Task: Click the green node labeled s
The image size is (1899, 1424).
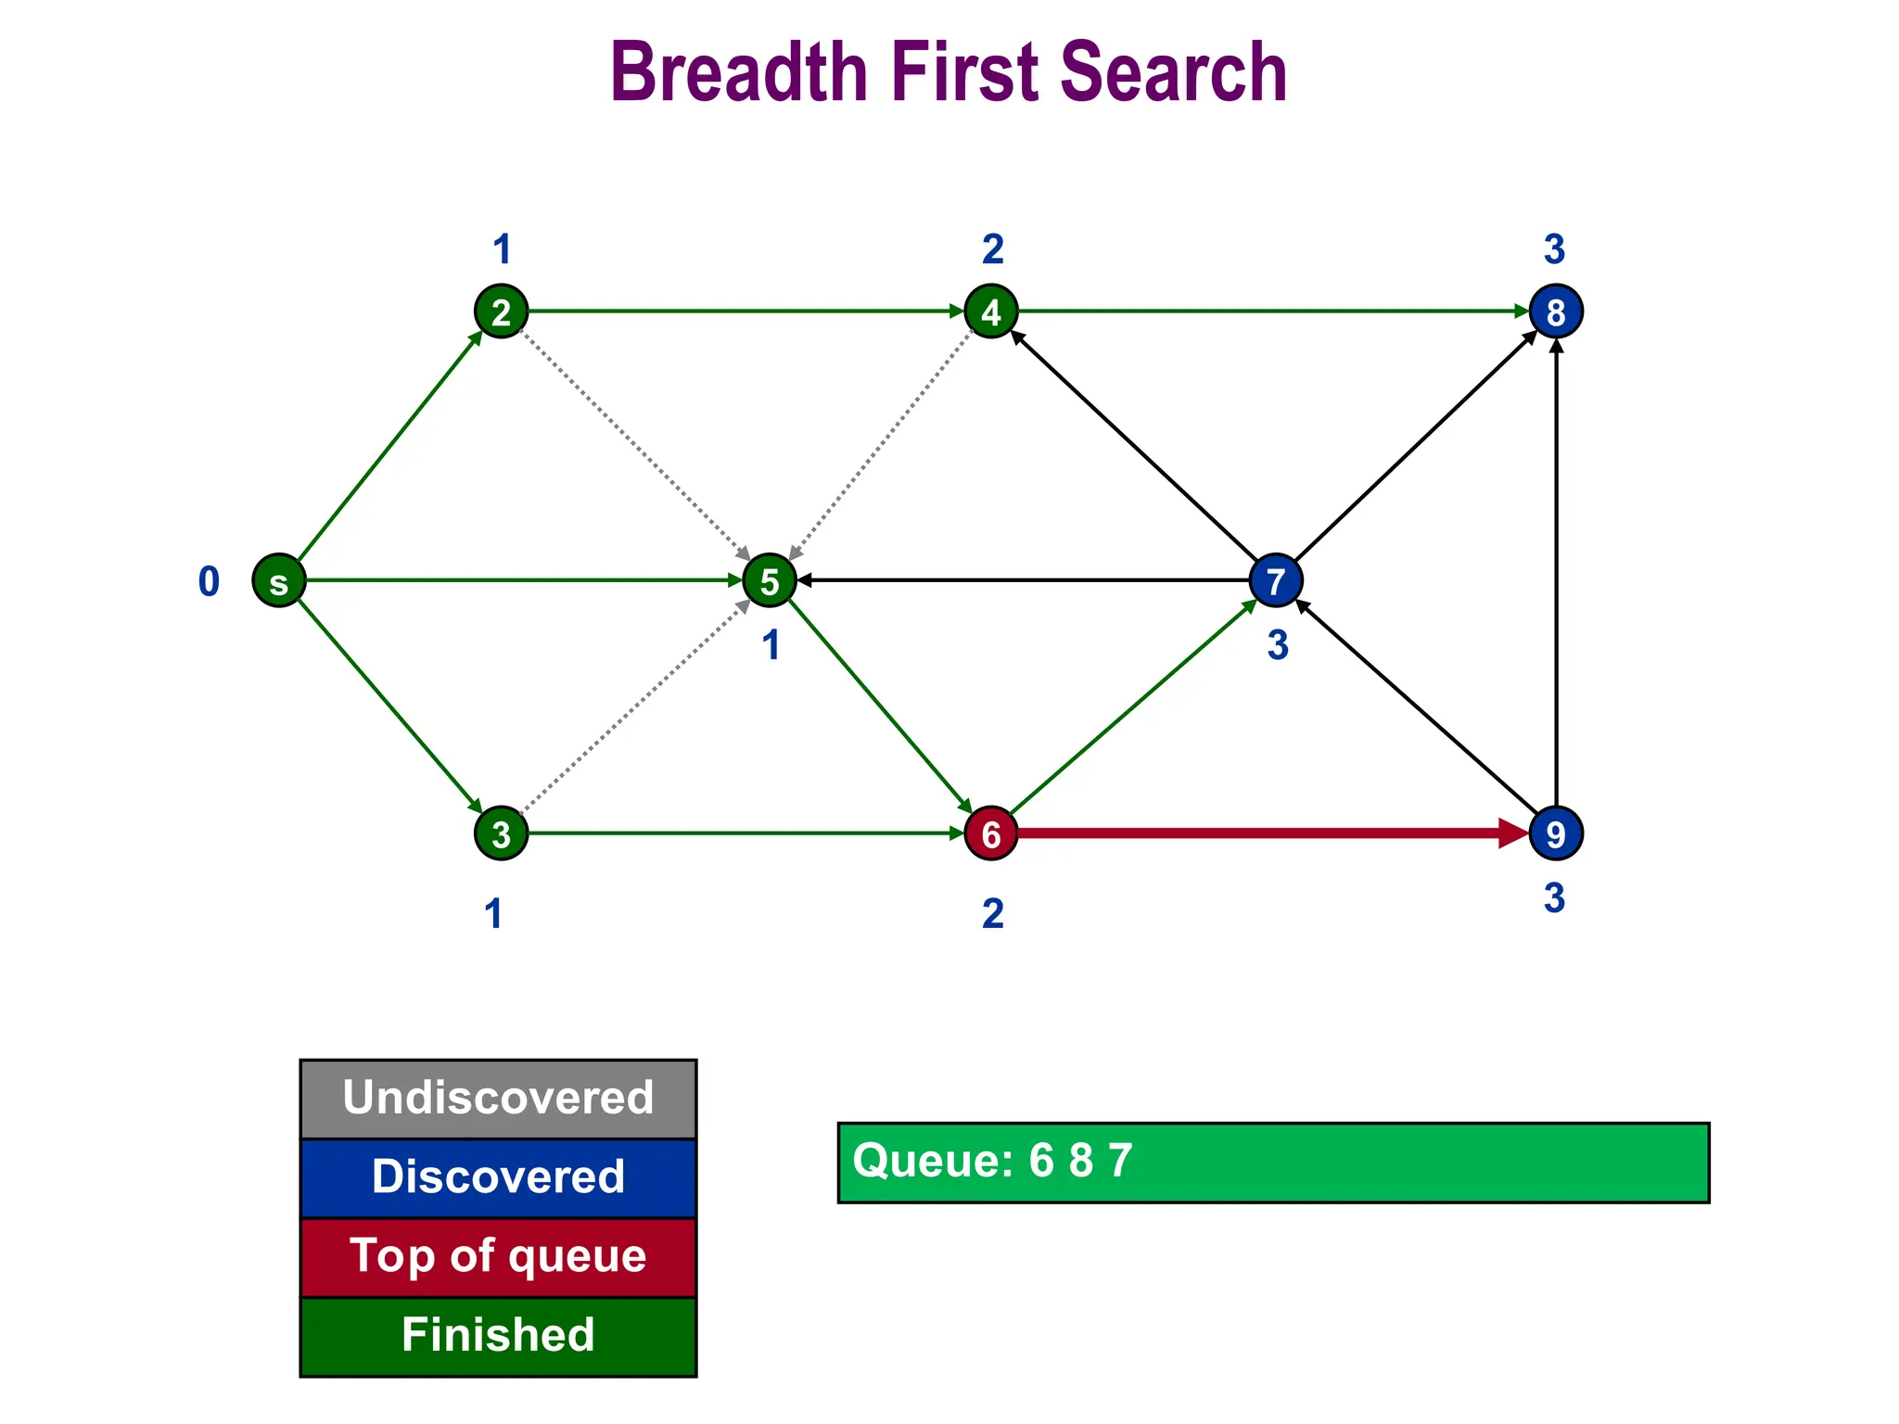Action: [x=279, y=581]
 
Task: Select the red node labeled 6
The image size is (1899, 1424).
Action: [x=991, y=833]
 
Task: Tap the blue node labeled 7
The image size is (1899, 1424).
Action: [x=1276, y=581]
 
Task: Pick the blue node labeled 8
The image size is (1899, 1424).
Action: [x=1556, y=311]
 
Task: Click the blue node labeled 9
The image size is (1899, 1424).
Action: [x=1556, y=833]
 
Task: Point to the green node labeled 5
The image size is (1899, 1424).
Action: [x=770, y=581]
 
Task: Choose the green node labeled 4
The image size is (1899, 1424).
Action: [x=991, y=311]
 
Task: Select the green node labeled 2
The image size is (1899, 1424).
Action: [x=502, y=311]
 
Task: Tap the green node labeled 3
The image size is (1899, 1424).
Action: [x=502, y=833]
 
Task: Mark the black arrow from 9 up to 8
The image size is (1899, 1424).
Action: [x=1556, y=575]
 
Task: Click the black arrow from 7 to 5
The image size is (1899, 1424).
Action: [x=1020, y=581]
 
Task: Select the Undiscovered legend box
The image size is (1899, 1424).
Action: [x=498, y=1099]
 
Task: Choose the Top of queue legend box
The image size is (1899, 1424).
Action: [x=498, y=1257]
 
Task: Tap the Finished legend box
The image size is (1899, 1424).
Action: [x=498, y=1336]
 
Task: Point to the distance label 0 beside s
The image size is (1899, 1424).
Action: [x=209, y=582]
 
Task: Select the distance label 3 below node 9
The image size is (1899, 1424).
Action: [x=1554, y=898]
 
